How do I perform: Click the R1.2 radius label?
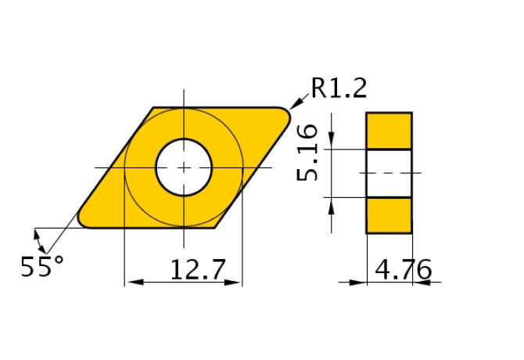click(339, 88)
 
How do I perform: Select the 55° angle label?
click(42, 268)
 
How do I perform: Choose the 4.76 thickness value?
click(403, 271)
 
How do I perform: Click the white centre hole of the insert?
click(184, 167)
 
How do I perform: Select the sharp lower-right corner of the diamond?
click(215, 228)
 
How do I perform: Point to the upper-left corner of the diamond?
click(153, 108)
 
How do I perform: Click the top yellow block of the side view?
click(389, 130)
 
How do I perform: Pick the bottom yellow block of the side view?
click(389, 214)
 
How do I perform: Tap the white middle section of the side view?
click(389, 172)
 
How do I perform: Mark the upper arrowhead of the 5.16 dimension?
click(332, 142)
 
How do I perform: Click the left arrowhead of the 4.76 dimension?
click(360, 282)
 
